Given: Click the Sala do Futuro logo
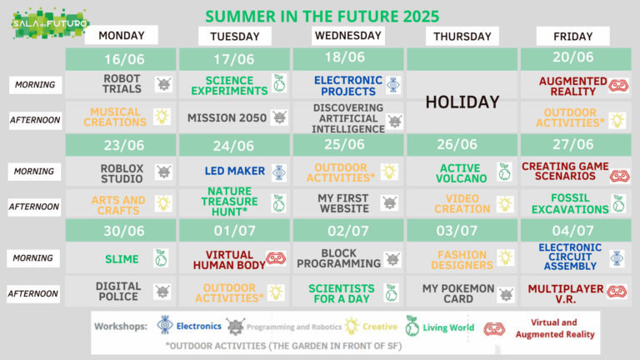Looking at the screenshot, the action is pyautogui.click(x=51, y=23).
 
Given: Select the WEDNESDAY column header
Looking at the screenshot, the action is pyautogui.click(x=348, y=36).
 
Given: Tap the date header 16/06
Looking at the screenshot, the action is pyautogui.click(x=124, y=59).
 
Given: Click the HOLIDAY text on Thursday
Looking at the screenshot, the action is pyautogui.click(x=462, y=102).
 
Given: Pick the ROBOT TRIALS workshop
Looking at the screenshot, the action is pyautogui.click(x=122, y=83).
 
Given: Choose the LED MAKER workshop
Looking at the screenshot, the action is pyautogui.click(x=235, y=171).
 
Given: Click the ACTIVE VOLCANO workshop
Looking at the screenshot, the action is pyautogui.click(x=461, y=173).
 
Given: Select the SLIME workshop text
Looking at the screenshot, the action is pyautogui.click(x=122, y=259).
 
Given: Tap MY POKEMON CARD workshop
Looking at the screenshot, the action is pyautogui.click(x=458, y=294).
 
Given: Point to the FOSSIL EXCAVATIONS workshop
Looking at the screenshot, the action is pyautogui.click(x=570, y=203).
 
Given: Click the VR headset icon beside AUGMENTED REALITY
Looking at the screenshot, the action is pyautogui.click(x=619, y=86).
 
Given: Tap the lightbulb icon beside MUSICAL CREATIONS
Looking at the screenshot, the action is pyautogui.click(x=162, y=117).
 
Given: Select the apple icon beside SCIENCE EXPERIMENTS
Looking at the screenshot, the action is pyautogui.click(x=279, y=83).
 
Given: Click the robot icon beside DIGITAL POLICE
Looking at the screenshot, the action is pyautogui.click(x=162, y=292).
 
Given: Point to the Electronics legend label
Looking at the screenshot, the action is pyautogui.click(x=199, y=326).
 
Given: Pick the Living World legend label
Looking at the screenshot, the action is pyautogui.click(x=448, y=327).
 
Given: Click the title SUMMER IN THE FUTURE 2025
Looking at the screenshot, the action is pyautogui.click(x=322, y=17).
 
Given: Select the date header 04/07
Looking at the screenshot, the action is pyautogui.click(x=572, y=231).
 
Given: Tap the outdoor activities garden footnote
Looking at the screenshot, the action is pyautogui.click(x=283, y=346).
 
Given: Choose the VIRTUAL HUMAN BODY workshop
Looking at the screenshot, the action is pyautogui.click(x=229, y=260).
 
